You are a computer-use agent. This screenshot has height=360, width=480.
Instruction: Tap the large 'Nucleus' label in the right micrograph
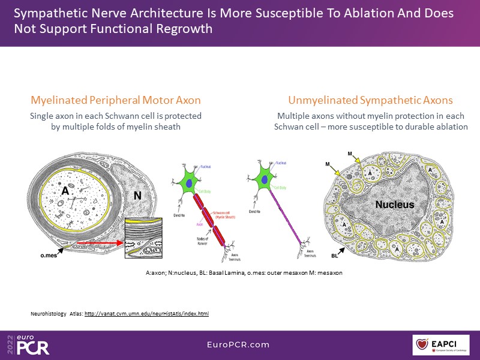click(x=394, y=205)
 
